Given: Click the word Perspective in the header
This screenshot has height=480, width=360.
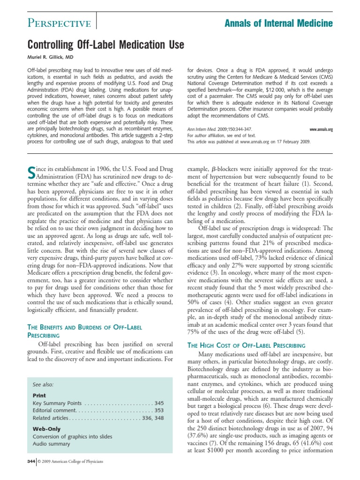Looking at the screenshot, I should pos(59,23).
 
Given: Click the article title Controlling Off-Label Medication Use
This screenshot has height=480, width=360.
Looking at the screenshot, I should pos(106,45).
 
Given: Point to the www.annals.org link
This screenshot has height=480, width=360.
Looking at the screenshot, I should pos(321,129).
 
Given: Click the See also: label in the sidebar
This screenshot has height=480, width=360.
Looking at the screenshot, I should pos(43,384).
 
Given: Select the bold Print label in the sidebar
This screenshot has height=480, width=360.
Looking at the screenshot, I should pos(39,395).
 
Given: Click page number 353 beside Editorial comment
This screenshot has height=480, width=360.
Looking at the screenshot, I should pos(159,411).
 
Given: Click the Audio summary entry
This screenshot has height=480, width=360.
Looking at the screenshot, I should pos(52,444).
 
